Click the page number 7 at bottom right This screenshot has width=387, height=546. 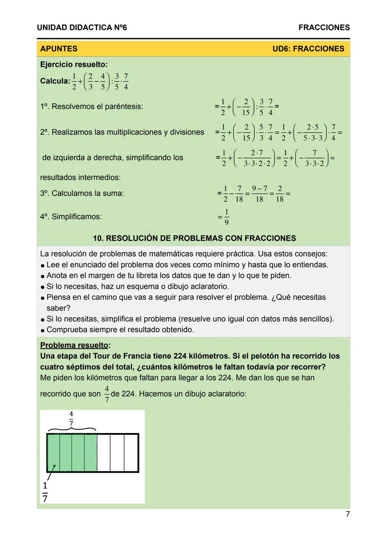[347, 514]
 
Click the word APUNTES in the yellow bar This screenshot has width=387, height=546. [59, 49]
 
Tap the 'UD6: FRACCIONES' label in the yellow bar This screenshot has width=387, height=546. [308, 49]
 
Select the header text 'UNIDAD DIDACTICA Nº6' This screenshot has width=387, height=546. [82, 28]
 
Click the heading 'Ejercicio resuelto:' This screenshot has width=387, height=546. [74, 64]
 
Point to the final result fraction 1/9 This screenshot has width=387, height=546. [226, 217]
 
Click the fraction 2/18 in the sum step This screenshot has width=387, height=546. [279, 193]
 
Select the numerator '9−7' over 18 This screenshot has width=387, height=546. [259, 188]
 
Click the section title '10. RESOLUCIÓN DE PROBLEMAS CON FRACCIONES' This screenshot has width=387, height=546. [194, 238]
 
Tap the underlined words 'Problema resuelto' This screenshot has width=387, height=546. [74, 345]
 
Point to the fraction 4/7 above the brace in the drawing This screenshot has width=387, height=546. [71, 418]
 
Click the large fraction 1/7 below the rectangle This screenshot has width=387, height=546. [45, 492]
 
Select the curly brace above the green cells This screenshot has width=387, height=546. [72, 429]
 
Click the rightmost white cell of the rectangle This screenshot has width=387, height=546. [131, 453]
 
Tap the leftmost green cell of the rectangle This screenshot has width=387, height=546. [54, 453]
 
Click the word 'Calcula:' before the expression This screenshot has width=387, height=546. [55, 81]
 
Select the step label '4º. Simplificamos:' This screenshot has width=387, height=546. [71, 217]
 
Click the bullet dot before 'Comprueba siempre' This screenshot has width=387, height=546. [43, 330]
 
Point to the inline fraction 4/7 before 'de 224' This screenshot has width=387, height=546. [107, 394]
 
